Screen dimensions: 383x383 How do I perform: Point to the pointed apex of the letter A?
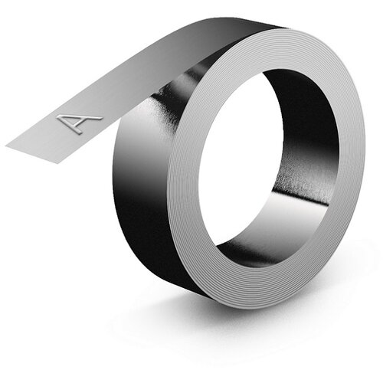58,117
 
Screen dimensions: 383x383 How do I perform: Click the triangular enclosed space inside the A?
71,122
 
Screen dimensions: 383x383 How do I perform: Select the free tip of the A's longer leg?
101,119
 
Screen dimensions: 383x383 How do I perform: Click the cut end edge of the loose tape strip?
34,155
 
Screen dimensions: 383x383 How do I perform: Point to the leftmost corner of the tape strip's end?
5,146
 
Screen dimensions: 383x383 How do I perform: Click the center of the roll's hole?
268,163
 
